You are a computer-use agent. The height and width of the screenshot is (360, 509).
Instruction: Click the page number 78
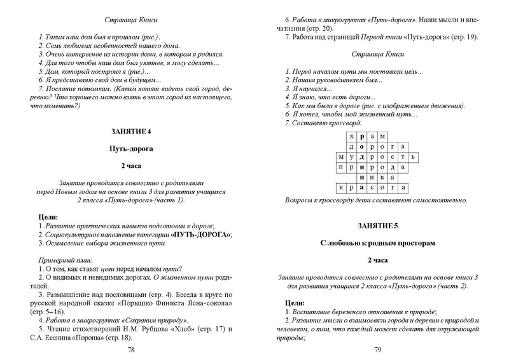click(131, 350)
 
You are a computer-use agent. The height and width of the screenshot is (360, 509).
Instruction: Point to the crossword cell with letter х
click(348, 135)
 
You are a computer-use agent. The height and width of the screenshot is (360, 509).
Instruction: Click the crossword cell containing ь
click(413, 156)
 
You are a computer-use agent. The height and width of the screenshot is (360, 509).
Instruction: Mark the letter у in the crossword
click(348, 156)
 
